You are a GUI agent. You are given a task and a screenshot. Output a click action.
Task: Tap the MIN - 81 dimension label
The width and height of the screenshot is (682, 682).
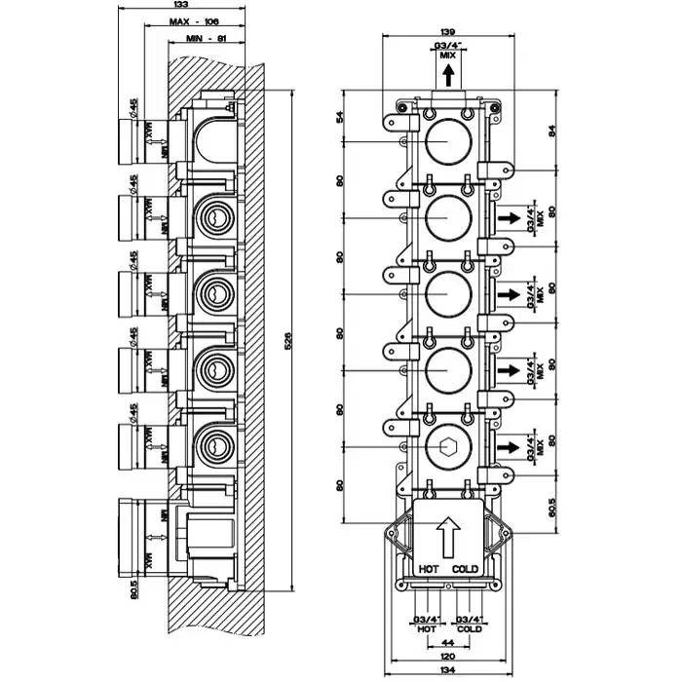pyautogui.click(x=206, y=39)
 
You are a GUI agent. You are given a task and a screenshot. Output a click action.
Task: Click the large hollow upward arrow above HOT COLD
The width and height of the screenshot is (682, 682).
pyautogui.click(x=448, y=535)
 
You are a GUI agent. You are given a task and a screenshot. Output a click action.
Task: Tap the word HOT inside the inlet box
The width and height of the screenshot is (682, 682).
pyautogui.click(x=430, y=569)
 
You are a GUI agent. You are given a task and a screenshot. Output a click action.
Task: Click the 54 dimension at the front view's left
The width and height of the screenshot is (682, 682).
pyautogui.click(x=340, y=117)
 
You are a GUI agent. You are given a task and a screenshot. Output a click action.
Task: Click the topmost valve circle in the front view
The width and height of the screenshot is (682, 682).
pyautogui.click(x=448, y=143)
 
